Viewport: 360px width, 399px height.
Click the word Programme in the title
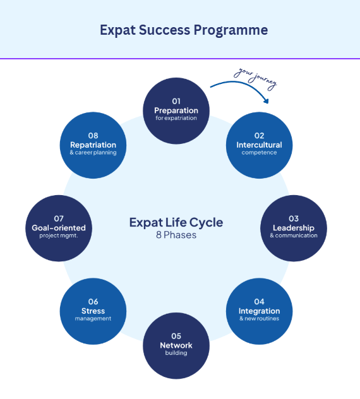[x=231, y=31]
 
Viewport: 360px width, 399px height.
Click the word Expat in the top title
[x=117, y=30]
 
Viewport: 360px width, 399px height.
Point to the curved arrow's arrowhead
[x=266, y=101]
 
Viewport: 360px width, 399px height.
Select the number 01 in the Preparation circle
[x=176, y=101]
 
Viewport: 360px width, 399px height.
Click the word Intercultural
[x=259, y=145]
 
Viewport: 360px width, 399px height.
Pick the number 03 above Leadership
[x=294, y=218]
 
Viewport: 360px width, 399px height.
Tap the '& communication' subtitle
[x=294, y=235]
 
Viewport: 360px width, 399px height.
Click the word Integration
[x=259, y=311]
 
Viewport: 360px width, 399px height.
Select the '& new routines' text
[x=259, y=319]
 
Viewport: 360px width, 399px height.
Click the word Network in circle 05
[x=176, y=345]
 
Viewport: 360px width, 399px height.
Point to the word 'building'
[x=176, y=353]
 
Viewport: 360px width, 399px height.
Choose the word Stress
[x=93, y=311]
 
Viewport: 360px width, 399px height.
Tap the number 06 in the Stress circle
[x=93, y=302]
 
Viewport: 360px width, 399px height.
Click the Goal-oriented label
[x=59, y=228]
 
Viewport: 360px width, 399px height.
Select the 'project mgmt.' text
[x=59, y=235]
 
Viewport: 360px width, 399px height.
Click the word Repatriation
[x=93, y=145]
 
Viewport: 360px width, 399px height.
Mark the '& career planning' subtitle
[x=93, y=152]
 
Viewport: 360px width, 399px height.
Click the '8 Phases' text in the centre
[x=176, y=235]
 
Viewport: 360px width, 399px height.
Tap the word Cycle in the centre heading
[x=207, y=223]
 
